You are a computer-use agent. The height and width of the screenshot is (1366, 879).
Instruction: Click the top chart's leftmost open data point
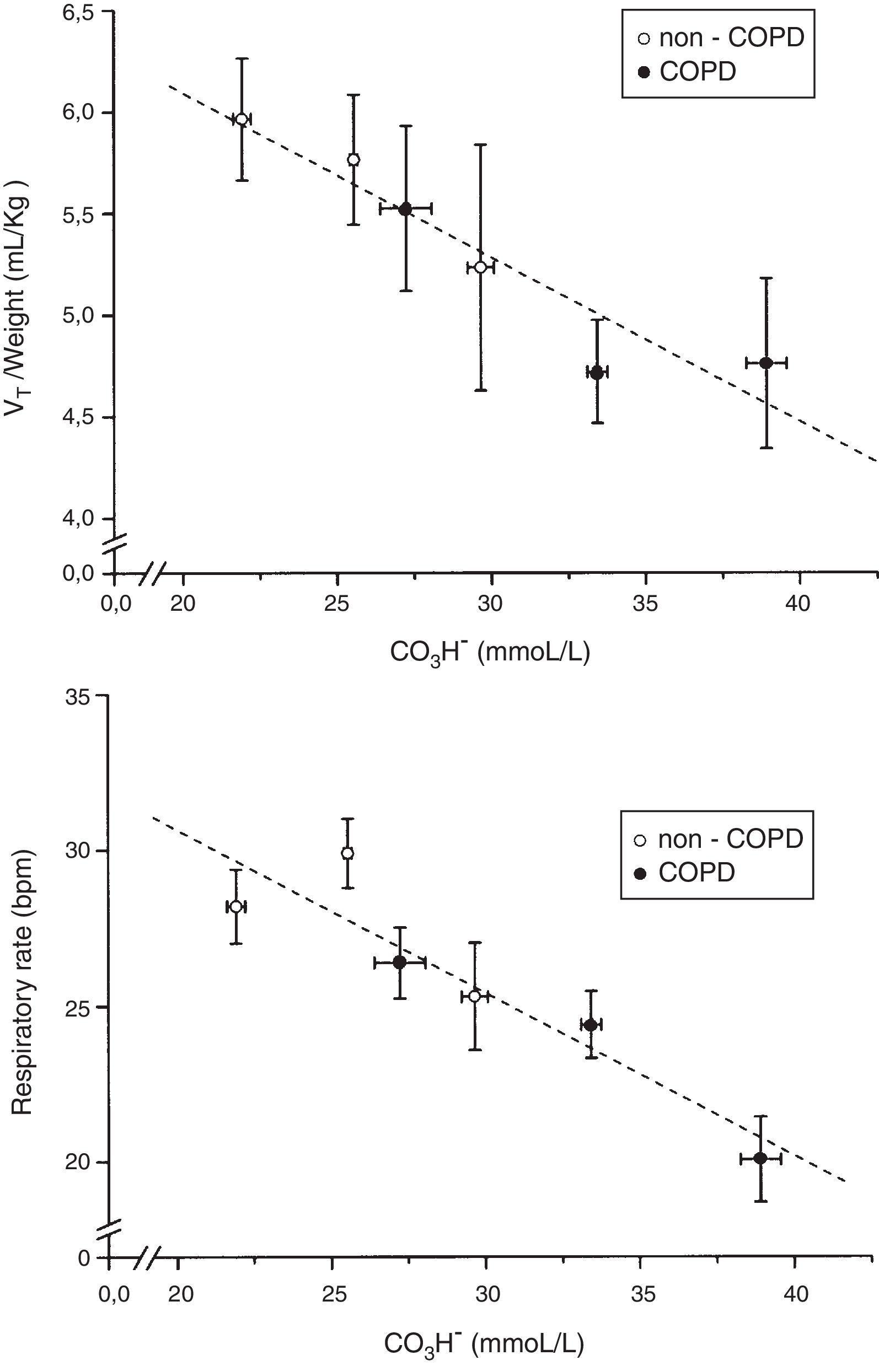tap(242, 119)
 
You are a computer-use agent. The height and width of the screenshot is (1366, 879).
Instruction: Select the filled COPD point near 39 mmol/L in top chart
tap(766, 363)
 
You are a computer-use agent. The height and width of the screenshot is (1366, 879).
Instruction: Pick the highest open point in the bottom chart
tap(347, 853)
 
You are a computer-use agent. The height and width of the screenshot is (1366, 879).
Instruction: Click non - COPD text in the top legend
tap(731, 38)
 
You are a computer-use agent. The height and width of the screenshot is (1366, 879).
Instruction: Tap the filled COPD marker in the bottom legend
tap(641, 874)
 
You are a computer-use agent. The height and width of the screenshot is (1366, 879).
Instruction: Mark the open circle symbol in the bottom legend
tap(641, 840)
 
